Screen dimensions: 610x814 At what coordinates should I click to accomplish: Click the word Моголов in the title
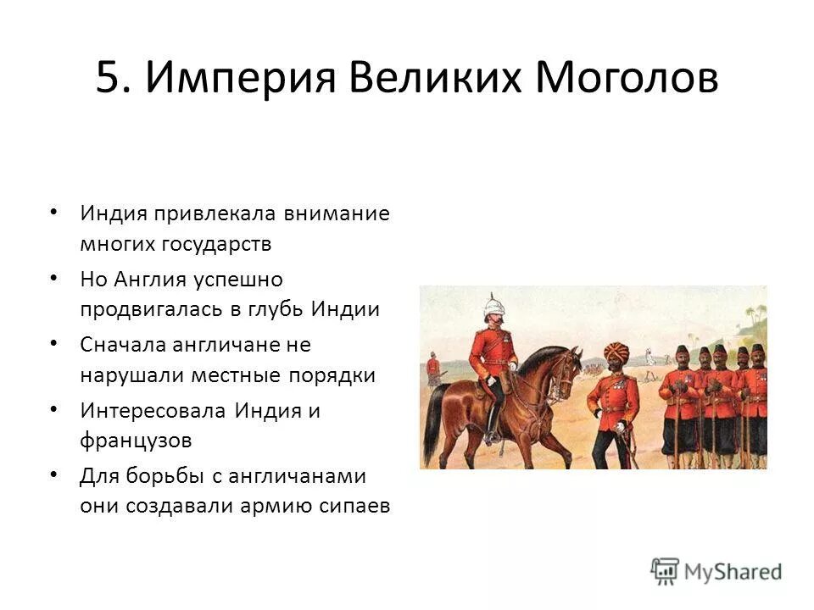627,79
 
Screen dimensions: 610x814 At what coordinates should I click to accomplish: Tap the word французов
137,441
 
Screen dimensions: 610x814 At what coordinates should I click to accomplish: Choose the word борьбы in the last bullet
164,475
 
